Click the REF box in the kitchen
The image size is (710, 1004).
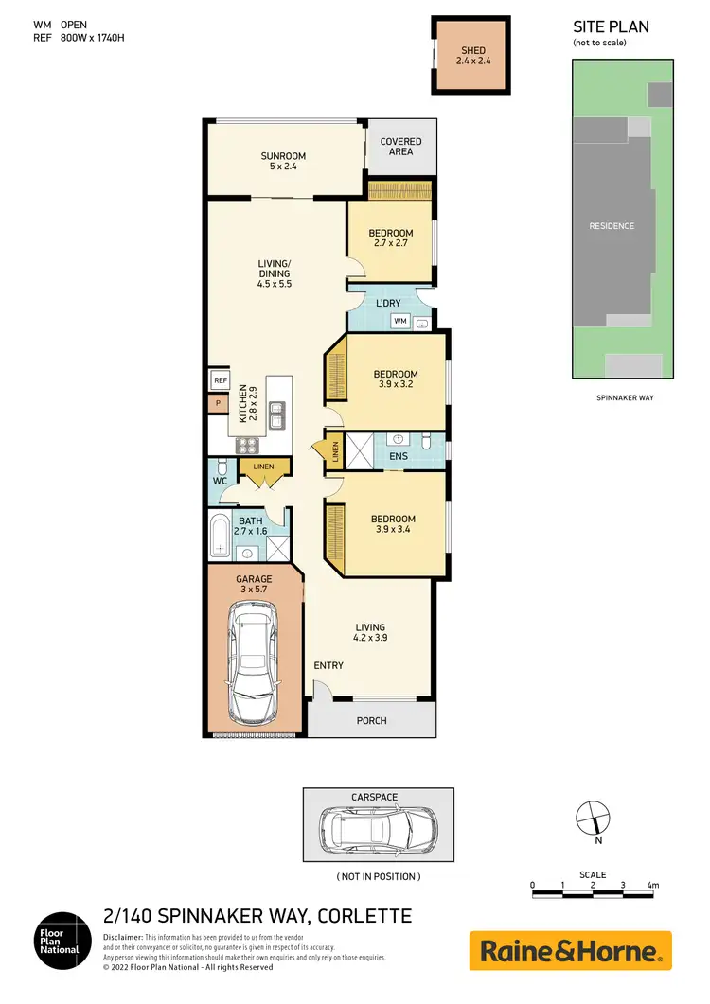click(220, 380)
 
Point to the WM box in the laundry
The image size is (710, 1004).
click(399, 322)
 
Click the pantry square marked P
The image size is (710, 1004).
click(219, 403)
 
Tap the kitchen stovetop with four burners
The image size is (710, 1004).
click(247, 448)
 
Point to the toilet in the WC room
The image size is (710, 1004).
click(221, 469)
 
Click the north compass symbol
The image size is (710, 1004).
click(593, 815)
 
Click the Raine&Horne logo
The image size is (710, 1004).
click(570, 950)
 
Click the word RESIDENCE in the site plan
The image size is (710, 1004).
click(611, 226)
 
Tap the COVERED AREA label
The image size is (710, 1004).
click(400, 147)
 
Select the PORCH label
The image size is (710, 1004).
click(371, 720)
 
